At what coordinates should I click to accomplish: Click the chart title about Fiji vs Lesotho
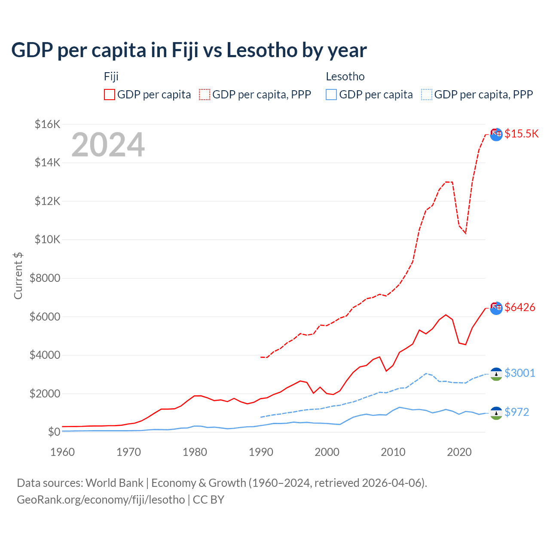189,50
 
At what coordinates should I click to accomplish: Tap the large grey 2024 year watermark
108,145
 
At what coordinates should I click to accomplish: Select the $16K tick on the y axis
47,125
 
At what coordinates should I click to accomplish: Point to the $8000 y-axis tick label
45,278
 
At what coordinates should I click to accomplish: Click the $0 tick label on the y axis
54,432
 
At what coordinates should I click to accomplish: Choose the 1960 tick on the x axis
63,452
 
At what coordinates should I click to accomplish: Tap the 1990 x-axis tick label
261,452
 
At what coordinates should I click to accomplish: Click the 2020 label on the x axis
459,452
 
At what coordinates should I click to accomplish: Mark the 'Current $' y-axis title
18,275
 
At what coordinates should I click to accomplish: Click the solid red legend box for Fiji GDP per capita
110,95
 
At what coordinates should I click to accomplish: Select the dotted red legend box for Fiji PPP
205,95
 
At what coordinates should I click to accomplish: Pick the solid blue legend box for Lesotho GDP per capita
331,95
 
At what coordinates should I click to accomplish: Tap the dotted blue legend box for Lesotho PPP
427,95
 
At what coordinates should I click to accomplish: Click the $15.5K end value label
521,134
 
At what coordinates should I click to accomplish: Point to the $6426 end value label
520,307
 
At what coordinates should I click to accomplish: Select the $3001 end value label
520,373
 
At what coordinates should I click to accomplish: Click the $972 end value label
517,412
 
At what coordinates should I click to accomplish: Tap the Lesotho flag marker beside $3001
496,374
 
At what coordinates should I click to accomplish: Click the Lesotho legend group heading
345,76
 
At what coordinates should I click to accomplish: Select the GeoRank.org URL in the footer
101,500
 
